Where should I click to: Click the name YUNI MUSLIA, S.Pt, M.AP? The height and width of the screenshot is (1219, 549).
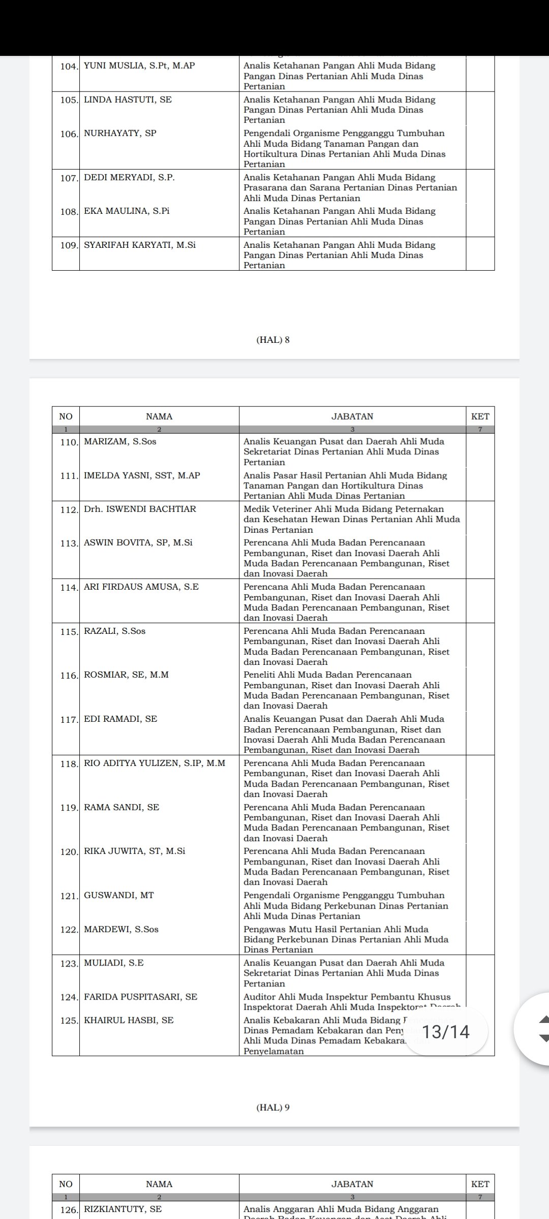pos(139,66)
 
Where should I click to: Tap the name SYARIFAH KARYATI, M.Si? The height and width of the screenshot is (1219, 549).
pos(140,245)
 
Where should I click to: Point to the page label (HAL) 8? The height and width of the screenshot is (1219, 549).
pos(273,340)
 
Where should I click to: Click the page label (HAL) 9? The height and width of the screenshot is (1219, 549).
pos(273,1107)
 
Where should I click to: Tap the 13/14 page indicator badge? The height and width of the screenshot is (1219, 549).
pos(446,1032)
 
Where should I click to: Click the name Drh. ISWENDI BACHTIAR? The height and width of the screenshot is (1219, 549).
pos(140,509)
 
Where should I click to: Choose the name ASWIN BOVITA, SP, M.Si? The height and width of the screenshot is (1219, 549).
pos(138,542)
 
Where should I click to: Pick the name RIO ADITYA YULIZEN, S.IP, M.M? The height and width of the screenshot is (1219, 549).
pos(155,763)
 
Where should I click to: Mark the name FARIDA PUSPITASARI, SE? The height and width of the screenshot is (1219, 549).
pos(140,997)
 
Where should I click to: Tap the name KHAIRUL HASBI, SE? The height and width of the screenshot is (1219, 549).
pos(129,1020)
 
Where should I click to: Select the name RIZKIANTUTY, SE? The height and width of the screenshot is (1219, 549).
pos(123,1209)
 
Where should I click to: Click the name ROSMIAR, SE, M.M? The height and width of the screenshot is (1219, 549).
pos(126,675)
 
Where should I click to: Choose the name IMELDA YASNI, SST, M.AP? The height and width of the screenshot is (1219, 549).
pos(142,475)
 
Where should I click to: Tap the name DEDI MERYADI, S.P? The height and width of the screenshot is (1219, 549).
pos(129,177)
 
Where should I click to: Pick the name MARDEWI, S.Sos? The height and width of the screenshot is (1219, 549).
pos(121,929)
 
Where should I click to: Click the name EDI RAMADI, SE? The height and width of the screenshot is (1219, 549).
pos(120,719)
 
